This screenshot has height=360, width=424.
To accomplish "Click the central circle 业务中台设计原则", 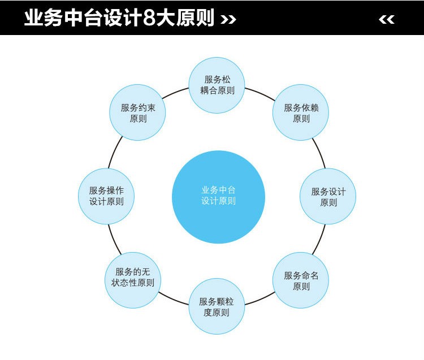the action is coord(218,197).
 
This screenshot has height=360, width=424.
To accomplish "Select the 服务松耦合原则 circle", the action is coord(217,85).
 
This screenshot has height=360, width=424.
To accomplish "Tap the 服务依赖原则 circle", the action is coord(301,112).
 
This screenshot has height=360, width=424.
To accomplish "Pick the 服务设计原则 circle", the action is coord(328,196).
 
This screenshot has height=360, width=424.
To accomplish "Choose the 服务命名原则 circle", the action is coord(301,280).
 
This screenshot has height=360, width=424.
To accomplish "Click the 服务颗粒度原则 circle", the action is coord(217,306).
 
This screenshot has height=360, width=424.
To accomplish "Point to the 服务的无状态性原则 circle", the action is coord(133,280).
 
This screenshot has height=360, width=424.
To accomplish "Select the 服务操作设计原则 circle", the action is coord(106,196).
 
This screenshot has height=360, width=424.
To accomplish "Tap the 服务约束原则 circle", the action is coord(137,112).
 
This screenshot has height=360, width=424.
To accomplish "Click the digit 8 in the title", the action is coord(149,19).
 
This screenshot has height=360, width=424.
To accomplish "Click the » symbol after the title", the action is coord(228,19).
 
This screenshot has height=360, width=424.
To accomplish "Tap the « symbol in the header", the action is coord(387,19).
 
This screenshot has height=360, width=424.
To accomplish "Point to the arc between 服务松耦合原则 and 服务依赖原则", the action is coord(261,93).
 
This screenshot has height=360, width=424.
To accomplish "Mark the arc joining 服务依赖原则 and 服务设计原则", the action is coord(319,153).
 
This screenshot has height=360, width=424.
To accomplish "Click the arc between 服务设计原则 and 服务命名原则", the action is coord(319,240).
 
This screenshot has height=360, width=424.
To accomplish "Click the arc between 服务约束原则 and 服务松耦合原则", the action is coord(175,93).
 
